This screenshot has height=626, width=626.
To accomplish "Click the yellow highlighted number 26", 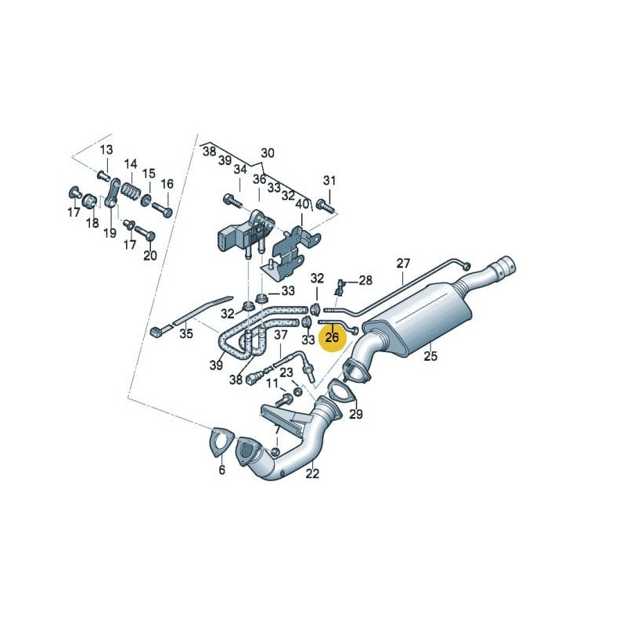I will tap(332, 337).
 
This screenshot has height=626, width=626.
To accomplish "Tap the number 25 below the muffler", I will tap(430, 358).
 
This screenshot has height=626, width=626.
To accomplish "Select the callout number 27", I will tap(403, 263).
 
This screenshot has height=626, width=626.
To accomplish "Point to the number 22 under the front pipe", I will tap(312, 473).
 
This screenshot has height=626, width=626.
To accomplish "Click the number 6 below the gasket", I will tap(221, 470).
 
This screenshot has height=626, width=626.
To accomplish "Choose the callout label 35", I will tap(185, 334).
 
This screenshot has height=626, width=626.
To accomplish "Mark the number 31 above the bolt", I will tap(329, 181).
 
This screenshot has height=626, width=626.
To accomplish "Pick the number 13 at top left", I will tap(106, 149).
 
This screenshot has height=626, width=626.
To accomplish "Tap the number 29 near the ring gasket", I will tap(356, 414).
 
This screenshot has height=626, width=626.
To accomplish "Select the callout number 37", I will tap(281, 336).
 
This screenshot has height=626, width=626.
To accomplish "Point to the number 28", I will tap(365, 280).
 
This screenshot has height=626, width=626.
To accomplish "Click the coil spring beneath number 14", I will tap(131, 190).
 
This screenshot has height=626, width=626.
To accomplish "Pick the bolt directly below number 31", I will tap(325, 207).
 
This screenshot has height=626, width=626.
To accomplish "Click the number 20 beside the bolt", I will tap(149, 255).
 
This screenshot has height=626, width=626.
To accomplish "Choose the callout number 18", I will tap(92, 224).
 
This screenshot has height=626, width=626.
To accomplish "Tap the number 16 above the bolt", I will tap(167, 184).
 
